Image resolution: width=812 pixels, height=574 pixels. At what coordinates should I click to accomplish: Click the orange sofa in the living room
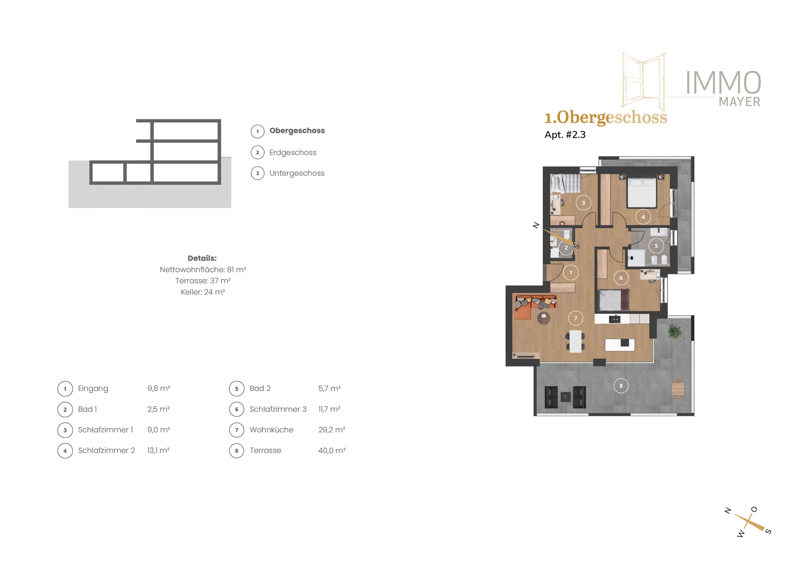click(528, 306)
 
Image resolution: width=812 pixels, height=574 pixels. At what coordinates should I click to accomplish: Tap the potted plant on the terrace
click(675, 331)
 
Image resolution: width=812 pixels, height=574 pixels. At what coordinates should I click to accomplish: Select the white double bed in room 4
click(642, 192)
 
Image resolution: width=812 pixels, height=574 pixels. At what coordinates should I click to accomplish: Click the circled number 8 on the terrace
click(621, 386)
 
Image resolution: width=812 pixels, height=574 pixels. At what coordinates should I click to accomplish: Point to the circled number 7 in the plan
click(575, 318)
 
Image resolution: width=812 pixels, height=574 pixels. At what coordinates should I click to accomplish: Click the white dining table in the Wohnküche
click(575, 341)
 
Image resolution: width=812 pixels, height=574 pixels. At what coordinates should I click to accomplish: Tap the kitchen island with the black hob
click(620, 345)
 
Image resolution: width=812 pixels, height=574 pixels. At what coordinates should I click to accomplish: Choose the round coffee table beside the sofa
click(544, 318)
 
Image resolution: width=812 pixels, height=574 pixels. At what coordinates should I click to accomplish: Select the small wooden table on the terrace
click(678, 389)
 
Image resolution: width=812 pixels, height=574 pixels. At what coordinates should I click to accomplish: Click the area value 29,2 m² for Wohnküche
click(332, 430)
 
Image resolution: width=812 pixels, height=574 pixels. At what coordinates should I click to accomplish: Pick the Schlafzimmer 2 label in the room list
click(106, 451)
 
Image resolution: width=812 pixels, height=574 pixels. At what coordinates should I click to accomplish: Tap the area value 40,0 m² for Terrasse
click(332, 451)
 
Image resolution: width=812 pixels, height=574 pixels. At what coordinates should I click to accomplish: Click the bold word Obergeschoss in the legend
click(297, 131)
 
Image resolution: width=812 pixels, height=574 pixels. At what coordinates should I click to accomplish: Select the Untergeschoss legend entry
click(297, 173)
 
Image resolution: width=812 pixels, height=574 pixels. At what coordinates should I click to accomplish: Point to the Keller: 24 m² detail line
click(203, 292)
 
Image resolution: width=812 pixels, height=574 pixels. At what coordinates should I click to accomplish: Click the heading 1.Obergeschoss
click(605, 117)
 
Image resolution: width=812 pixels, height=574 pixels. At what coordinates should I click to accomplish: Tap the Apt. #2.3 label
click(565, 135)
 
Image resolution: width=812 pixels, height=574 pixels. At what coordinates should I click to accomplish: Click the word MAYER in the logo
click(739, 102)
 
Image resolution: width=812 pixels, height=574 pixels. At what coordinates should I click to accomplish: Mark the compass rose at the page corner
click(748, 522)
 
